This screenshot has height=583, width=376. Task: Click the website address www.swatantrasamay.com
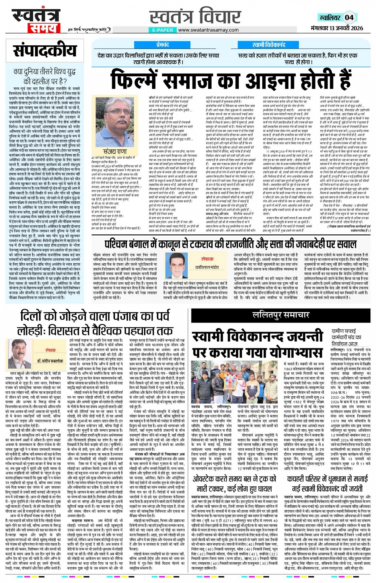[208, 30]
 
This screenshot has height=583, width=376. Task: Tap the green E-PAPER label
[163, 30]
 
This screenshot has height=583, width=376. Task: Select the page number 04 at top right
[349, 17]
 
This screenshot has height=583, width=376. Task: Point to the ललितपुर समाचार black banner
[281, 315]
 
